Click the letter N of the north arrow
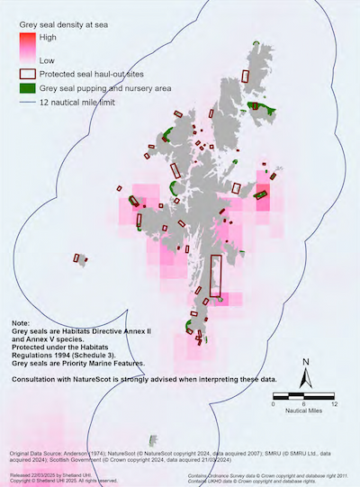click(x=307, y=362)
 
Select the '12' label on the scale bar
click(x=334, y=404)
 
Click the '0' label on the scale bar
click(x=273, y=404)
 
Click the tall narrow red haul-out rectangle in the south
click(x=215, y=275)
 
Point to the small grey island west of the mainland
click(x=82, y=260)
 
